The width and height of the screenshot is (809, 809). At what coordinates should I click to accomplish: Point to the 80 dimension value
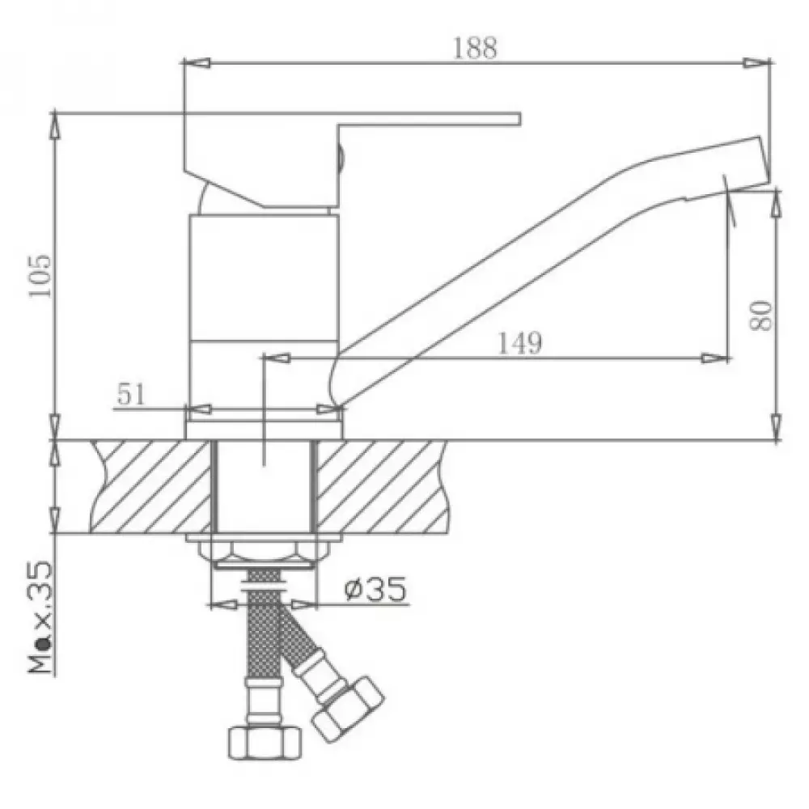pyautogui.click(x=760, y=314)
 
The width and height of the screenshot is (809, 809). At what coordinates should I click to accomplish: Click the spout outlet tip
pyautogui.click(x=748, y=166)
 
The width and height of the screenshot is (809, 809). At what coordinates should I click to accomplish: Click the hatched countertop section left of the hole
pyautogui.click(x=150, y=487)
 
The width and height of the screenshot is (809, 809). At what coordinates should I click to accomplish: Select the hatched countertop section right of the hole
pyautogui.click(x=380, y=487)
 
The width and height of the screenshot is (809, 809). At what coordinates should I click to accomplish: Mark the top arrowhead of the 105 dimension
pyautogui.click(x=55, y=121)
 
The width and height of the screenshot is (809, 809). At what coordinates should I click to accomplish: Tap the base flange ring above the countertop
pyautogui.click(x=265, y=429)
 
